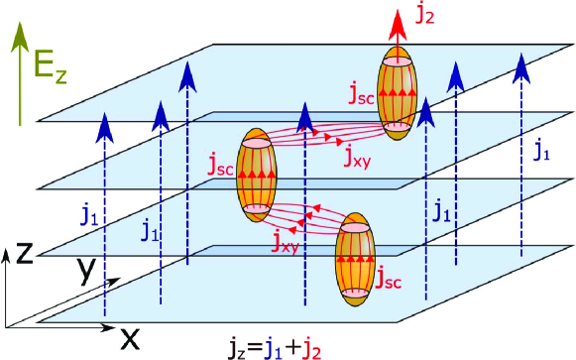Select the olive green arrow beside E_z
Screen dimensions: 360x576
[x=14, y=79]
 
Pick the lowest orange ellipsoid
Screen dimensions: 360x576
[x=354, y=257]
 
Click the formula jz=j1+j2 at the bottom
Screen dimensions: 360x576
[x=272, y=347]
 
